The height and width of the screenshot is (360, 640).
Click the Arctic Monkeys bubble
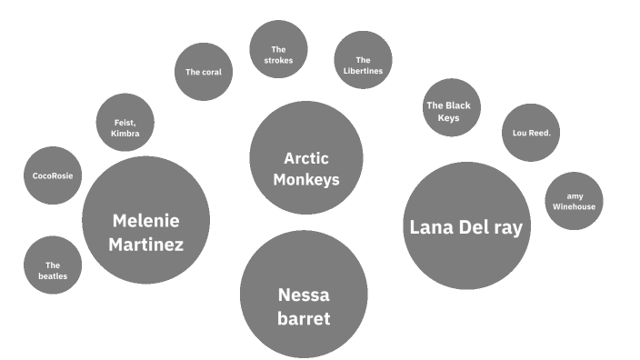(305, 157)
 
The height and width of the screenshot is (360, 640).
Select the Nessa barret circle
(304, 294)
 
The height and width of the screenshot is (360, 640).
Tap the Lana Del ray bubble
(465, 226)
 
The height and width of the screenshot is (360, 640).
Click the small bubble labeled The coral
(204, 72)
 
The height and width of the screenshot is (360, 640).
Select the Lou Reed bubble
(530, 133)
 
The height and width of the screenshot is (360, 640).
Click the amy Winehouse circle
(574, 201)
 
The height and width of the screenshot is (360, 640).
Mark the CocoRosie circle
(52, 175)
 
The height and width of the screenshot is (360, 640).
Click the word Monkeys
(306, 179)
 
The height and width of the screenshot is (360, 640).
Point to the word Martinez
(145, 245)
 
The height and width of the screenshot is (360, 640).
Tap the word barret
(304, 318)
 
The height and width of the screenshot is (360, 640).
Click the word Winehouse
(574, 207)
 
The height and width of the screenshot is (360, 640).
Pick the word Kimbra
(125, 133)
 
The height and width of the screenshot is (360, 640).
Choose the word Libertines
(363, 71)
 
